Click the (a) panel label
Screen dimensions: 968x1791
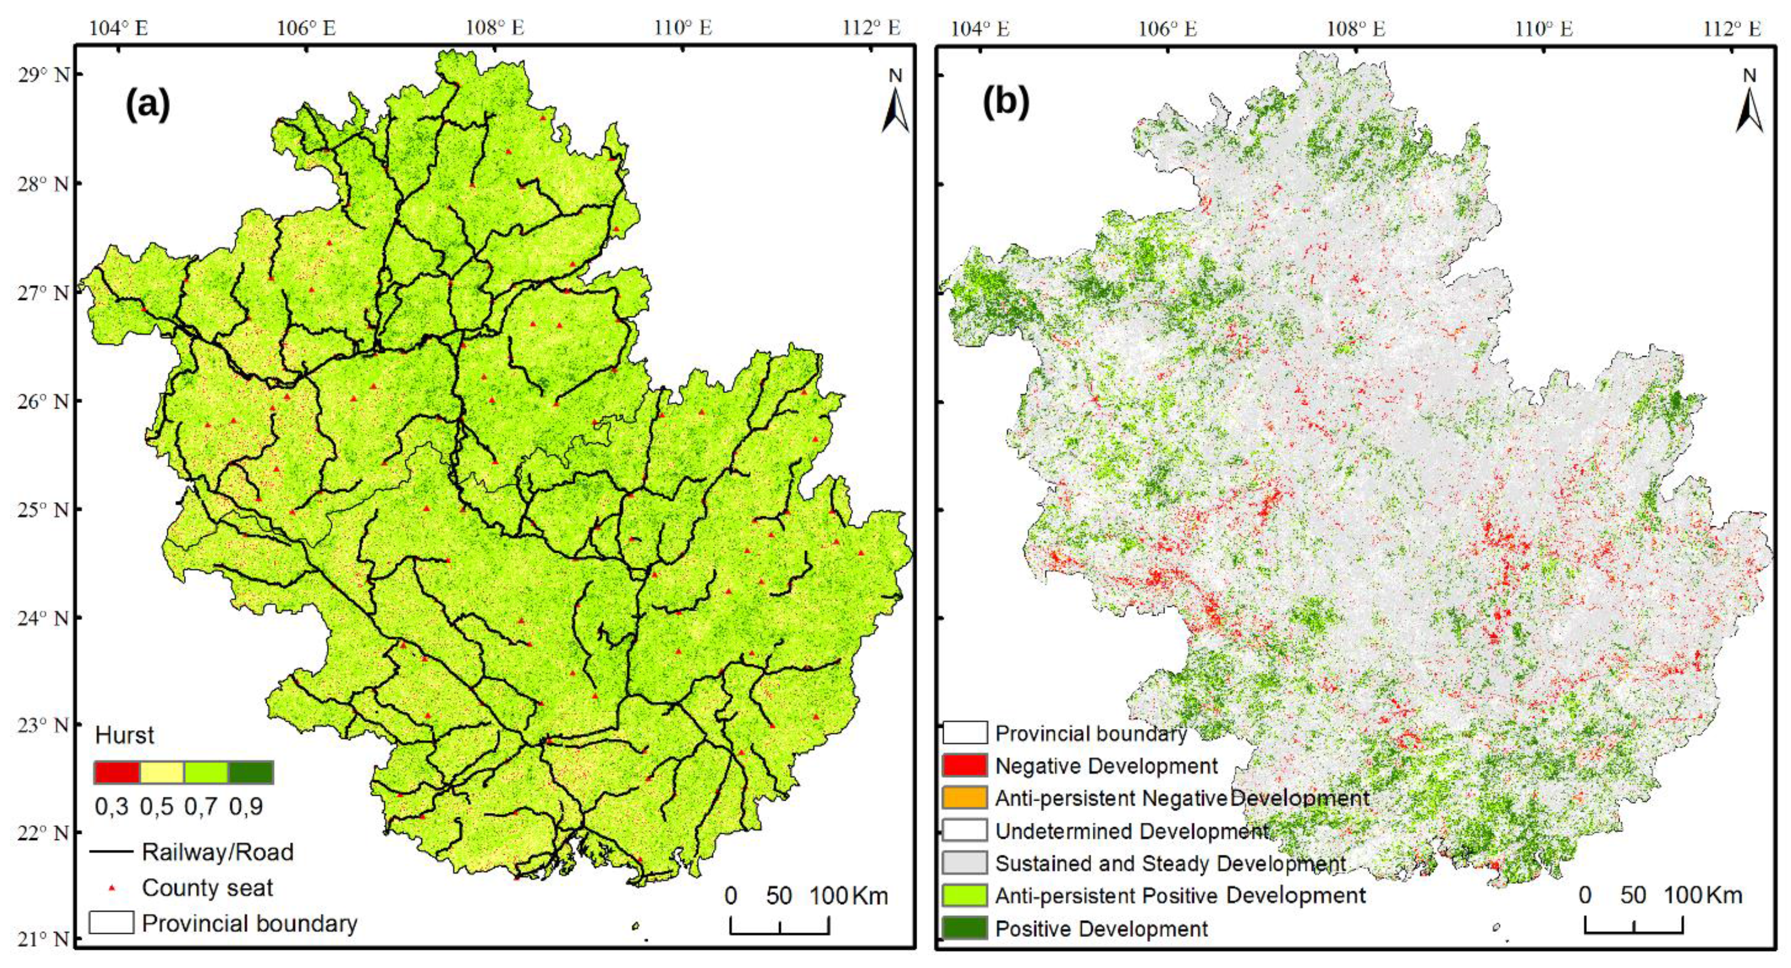pos(147,104)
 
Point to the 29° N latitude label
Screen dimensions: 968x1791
pos(43,74)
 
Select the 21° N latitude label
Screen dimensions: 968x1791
pos(43,939)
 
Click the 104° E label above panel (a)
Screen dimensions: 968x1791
pos(118,28)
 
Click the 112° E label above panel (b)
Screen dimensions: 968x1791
pos(1731,28)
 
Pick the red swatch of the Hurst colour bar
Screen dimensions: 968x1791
pos(117,772)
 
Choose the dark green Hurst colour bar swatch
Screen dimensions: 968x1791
pos(251,772)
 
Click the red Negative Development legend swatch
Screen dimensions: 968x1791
pos(964,765)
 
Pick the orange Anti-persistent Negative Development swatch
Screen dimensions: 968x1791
pos(964,798)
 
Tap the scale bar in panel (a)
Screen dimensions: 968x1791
pos(780,925)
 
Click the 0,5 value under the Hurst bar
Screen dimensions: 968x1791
pos(156,807)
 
